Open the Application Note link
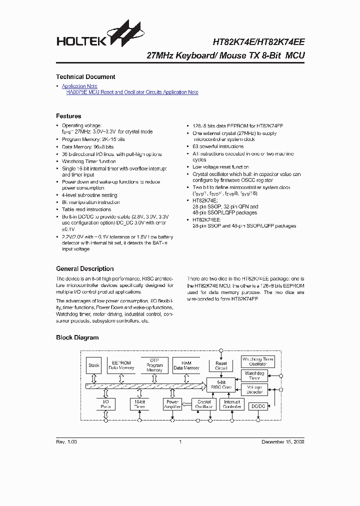(79, 86)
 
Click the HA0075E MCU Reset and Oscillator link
(132, 92)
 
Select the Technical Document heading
(85, 77)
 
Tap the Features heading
(68, 116)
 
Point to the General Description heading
(84, 268)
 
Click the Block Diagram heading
(77, 337)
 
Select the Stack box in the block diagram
(94, 365)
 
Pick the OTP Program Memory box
(154, 365)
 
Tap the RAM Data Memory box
(186, 365)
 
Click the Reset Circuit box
(221, 366)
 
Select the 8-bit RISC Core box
(220, 384)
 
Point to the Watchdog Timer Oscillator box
(257, 361)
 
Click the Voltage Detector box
(254, 389)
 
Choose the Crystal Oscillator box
(204, 404)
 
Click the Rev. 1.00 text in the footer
(66, 442)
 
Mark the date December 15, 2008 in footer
(283, 442)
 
